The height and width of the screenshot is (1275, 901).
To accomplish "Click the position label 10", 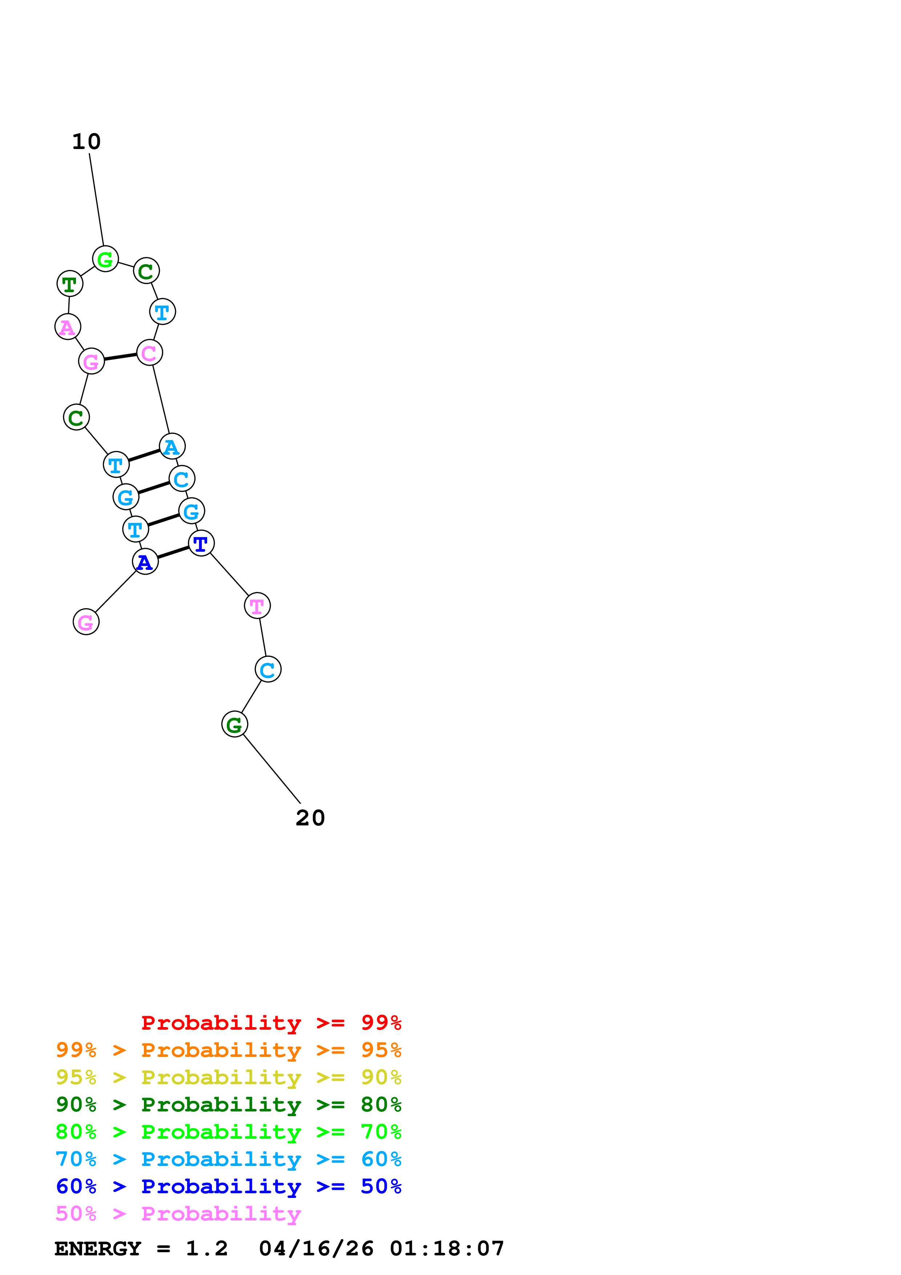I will [87, 142].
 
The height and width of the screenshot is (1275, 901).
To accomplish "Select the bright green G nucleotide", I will [105, 259].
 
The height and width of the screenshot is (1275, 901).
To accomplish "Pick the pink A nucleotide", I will [68, 327].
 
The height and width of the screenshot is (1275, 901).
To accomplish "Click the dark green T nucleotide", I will [70, 284].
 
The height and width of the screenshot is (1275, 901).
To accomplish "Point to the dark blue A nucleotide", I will [145, 562].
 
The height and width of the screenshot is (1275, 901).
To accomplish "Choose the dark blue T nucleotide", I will [201, 543].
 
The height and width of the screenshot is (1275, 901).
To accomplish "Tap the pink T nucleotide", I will [257, 606].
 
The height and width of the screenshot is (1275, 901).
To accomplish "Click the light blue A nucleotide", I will [172, 446].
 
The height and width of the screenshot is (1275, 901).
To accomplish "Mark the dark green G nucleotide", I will [234, 724].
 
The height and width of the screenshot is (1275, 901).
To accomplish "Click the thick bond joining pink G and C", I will [120, 357].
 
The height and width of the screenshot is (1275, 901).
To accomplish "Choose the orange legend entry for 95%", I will [228, 1050].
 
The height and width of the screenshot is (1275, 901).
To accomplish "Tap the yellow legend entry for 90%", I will [228, 1077].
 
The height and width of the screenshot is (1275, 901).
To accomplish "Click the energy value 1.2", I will [206, 1248].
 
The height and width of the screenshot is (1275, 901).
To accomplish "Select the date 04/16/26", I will [316, 1248].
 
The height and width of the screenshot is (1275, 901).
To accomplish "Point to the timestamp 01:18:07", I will [447, 1248].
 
